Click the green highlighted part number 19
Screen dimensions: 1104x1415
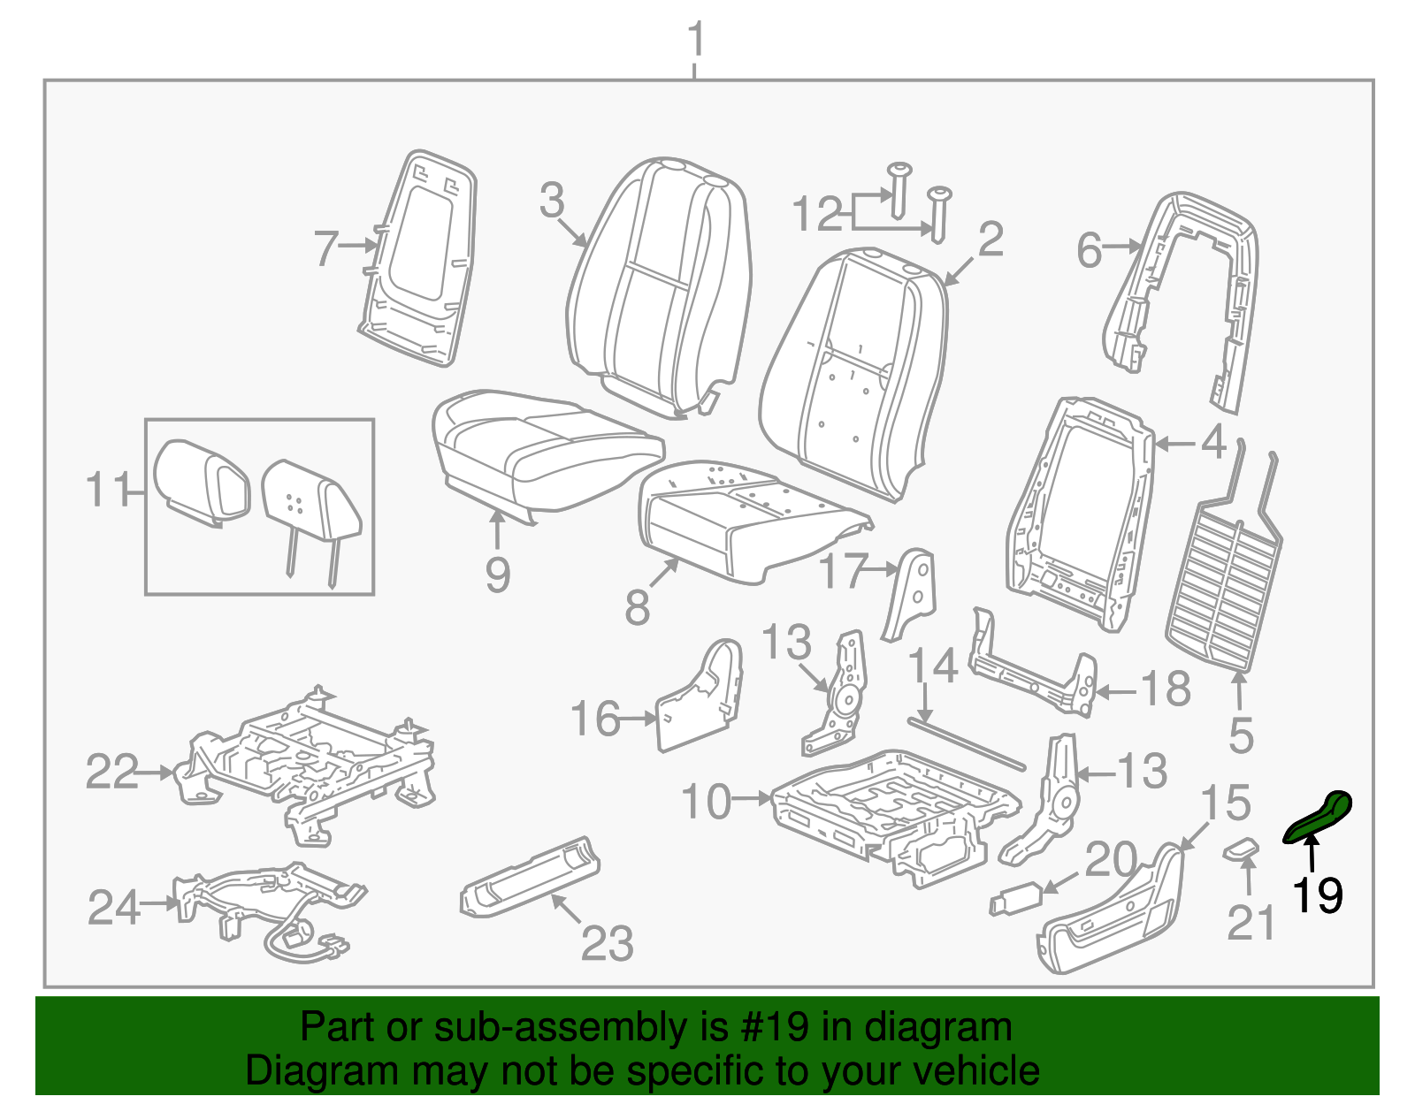tap(1319, 817)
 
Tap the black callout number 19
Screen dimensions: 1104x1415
tap(1317, 895)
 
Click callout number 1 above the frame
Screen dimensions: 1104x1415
tap(696, 40)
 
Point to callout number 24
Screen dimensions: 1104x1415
tap(113, 907)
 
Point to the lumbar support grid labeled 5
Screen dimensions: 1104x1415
tap(1225, 583)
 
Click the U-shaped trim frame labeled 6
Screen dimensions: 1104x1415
tap(1185, 292)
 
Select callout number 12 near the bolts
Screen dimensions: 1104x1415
tap(817, 215)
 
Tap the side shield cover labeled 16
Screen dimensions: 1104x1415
tap(699, 698)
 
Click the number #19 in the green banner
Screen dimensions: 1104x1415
tap(782, 1027)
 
